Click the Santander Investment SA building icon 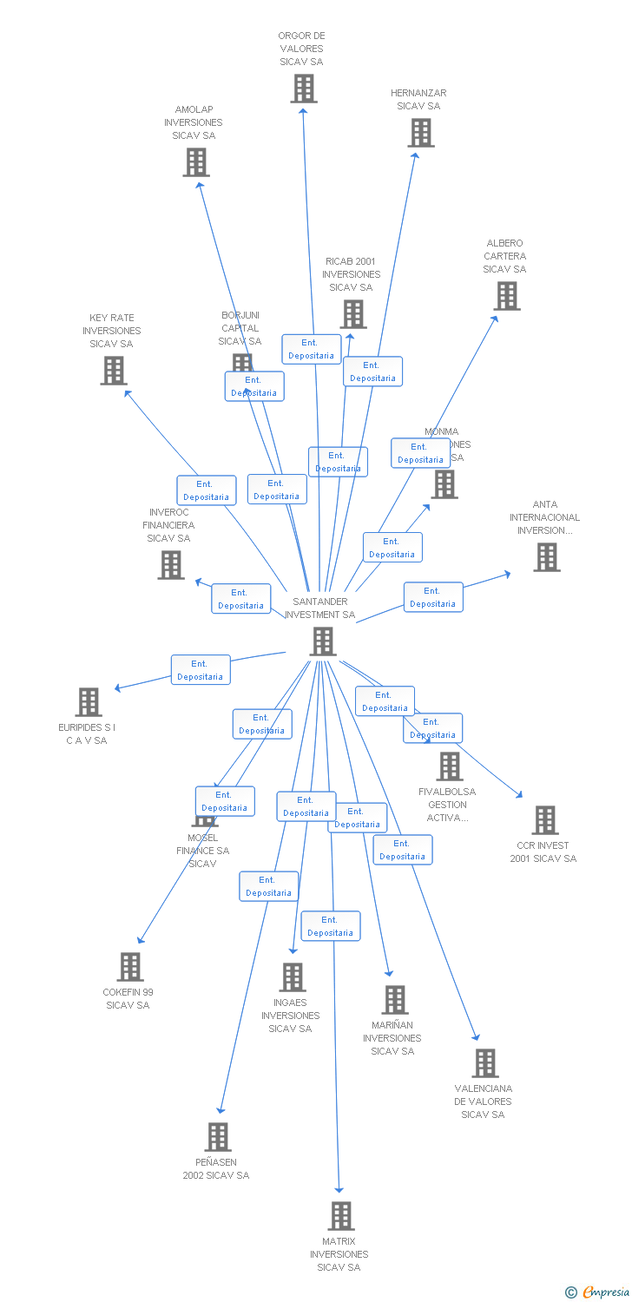(323, 641)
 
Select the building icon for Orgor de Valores (304, 89)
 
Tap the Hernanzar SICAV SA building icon (421, 133)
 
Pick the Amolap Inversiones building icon (196, 161)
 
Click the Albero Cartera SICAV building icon (506, 296)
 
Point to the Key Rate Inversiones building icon (114, 371)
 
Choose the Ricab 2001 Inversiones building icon (353, 314)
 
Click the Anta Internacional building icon (547, 557)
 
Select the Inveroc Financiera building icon (171, 565)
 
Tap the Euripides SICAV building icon (89, 702)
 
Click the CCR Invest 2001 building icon (545, 820)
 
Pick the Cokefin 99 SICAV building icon (130, 967)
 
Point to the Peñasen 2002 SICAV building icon (218, 1137)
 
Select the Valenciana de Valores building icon (485, 1063)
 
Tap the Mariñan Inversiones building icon (395, 1000)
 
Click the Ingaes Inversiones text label (291, 1016)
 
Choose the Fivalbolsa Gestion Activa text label (447, 805)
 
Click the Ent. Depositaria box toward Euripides (201, 670)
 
